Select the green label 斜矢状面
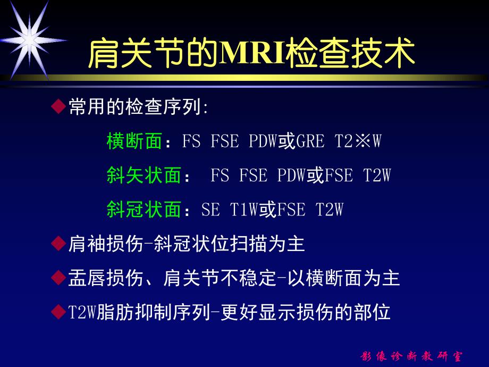coord(144,176)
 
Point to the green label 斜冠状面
coord(144,210)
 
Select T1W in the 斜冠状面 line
coord(244,210)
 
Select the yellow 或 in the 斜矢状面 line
coord(315,176)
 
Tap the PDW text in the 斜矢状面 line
coord(292,176)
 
